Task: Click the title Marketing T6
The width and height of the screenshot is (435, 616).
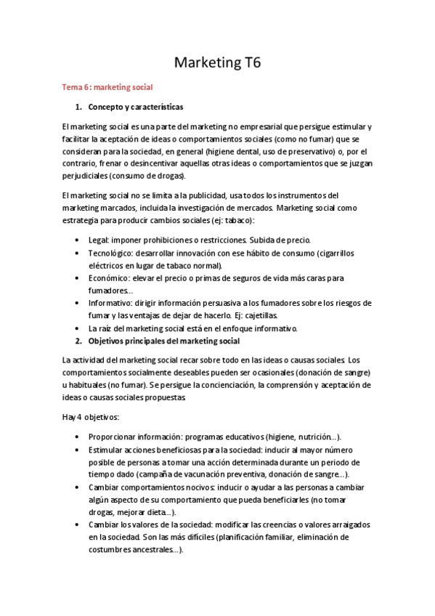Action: [217, 63]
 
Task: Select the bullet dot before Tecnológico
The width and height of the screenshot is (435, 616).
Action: [78, 253]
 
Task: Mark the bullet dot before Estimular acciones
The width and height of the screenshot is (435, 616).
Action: [78, 450]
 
